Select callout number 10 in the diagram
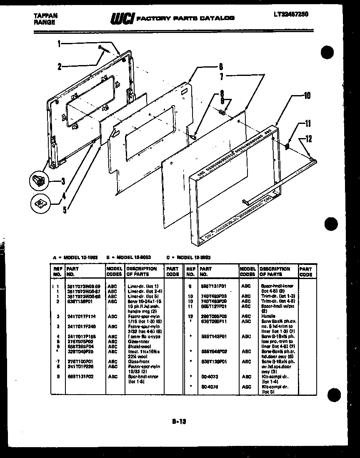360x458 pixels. pos(307,96)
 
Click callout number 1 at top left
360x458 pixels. pos(59,43)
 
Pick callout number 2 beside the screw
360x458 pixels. pos(59,66)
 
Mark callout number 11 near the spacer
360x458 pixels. pos(307,123)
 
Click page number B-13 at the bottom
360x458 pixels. pos(179,422)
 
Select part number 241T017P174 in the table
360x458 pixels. pos(79,316)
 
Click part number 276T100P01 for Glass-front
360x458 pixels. pos(78,361)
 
